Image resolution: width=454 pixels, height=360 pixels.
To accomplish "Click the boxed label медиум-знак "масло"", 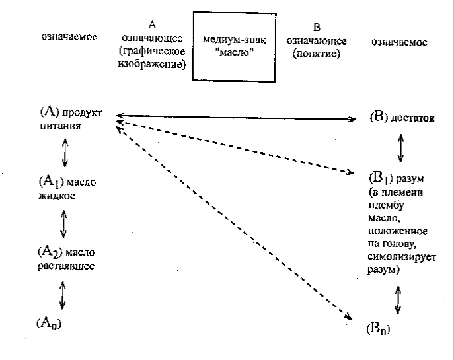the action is tap(233, 46).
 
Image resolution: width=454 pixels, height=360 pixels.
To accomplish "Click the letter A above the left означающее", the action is tap(152, 25).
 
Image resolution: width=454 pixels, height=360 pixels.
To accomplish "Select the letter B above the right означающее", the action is tap(317, 28).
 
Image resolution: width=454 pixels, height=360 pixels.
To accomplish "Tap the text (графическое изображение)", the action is tap(151, 57).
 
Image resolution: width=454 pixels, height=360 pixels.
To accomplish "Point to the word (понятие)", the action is tap(317, 55).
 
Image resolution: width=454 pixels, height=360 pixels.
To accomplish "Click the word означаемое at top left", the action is tap(68, 37).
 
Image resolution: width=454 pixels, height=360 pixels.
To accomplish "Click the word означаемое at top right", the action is tap(398, 42).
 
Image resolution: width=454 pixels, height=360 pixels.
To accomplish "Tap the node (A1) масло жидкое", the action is tap(66, 188).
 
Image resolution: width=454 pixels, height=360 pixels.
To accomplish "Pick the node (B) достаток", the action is tap(402, 118).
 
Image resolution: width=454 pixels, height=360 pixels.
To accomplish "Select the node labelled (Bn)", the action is tap(377, 328).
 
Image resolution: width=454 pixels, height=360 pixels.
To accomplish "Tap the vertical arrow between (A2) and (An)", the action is tap(63, 294).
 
